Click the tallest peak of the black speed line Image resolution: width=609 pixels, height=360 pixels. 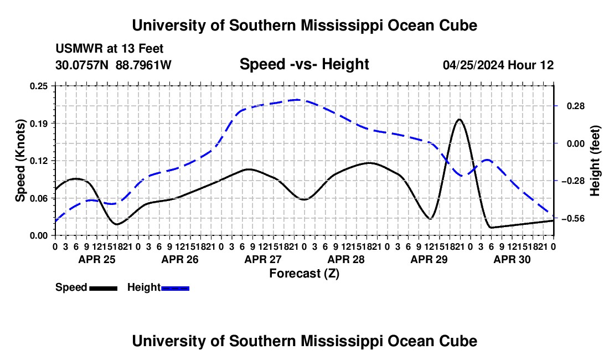tap(460, 120)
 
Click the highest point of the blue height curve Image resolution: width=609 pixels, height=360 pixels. tap(297, 100)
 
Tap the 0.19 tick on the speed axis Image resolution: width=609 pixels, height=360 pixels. tap(39, 124)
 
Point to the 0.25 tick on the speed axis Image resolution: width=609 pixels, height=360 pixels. tap(39, 86)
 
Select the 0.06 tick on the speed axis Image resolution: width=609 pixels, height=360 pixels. tap(39, 198)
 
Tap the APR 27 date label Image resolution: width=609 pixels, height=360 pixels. tap(263, 259)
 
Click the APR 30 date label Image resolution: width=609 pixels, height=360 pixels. tap(512, 259)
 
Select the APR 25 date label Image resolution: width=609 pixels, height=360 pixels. tap(97, 259)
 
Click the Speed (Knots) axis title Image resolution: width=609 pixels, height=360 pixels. tap(20, 161)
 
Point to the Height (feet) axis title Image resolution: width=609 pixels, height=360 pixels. tap(595, 161)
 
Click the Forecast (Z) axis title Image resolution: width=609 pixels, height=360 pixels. tap(304, 274)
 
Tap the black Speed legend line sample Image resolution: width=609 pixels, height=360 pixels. tap(104, 288)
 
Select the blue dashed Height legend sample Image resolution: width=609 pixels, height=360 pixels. tap(175, 288)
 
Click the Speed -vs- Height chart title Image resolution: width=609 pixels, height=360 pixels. tap(304, 64)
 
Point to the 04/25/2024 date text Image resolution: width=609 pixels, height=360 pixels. tap(473, 65)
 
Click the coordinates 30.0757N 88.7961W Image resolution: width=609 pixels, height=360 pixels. tap(113, 65)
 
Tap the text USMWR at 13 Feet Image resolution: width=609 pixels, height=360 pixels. tap(110, 49)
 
